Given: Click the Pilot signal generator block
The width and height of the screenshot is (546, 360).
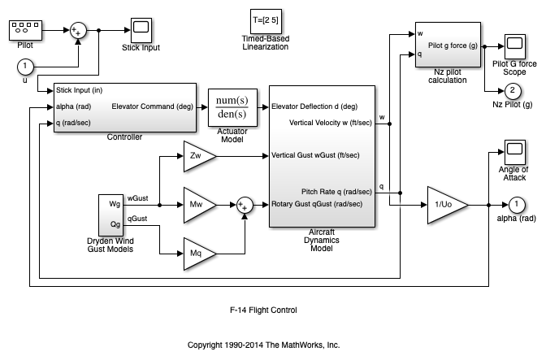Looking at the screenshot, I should tap(25, 30).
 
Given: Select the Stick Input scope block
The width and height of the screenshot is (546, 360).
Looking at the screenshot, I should tap(141, 29).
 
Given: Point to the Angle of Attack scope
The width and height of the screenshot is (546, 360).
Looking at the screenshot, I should tap(513, 150).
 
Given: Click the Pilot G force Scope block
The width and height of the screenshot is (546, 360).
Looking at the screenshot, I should tap(513, 46).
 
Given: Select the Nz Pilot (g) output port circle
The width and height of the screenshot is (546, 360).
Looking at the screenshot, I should tap(513, 89).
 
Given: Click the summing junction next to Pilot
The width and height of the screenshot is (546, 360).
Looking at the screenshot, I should tap(78, 30).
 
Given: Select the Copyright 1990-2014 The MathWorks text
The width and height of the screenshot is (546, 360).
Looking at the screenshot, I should tap(263, 345).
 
